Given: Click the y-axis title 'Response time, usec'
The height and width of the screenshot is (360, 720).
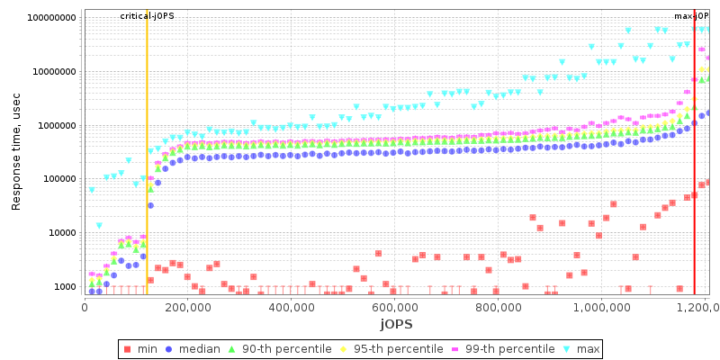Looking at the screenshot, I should [x=16, y=156].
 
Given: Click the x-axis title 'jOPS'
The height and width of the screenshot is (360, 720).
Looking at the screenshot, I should [x=395, y=323].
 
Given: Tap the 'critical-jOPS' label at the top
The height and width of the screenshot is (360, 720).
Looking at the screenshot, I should [x=148, y=16].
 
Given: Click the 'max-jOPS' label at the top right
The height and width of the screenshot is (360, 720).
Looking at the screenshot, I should [x=691, y=16].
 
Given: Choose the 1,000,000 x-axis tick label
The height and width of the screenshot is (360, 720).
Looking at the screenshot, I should [x=602, y=306].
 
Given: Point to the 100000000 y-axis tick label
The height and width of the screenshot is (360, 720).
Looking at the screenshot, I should [x=51, y=18].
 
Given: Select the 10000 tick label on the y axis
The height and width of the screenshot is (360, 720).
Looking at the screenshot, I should [x=60, y=233].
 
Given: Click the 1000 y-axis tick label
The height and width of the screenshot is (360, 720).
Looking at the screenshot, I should [x=63, y=287].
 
